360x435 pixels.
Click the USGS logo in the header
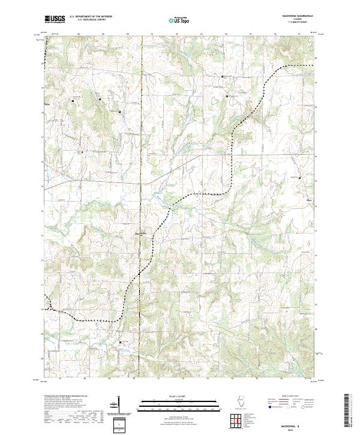pyautogui.click(x=55, y=19)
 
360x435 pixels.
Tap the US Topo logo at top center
pyautogui.click(x=180, y=20)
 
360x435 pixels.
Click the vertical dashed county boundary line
pyautogui.click(x=142, y=150)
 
